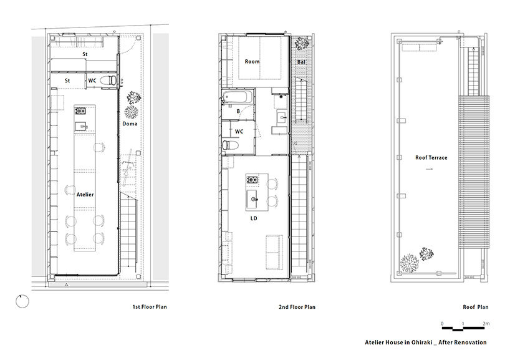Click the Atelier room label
(x=85, y=194)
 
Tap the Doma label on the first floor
(x=130, y=124)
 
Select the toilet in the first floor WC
(x=108, y=80)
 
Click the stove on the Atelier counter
(x=80, y=111)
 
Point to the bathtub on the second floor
(x=237, y=96)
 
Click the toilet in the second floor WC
(x=231, y=145)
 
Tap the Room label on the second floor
(x=252, y=61)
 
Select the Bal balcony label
(x=301, y=62)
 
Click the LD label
(x=254, y=218)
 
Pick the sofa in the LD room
(x=274, y=252)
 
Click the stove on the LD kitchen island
(x=252, y=179)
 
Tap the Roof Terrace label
(x=431, y=158)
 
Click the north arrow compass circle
(x=22, y=301)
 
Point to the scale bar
(x=463, y=329)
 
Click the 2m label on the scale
(x=486, y=323)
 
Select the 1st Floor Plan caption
(x=150, y=306)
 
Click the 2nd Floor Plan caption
(x=297, y=306)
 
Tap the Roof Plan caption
(x=476, y=306)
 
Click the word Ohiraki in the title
(x=421, y=342)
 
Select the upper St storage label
(x=85, y=54)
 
